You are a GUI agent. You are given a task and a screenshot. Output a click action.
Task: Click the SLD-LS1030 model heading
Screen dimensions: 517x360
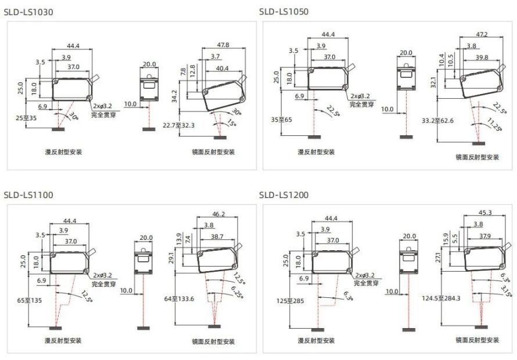point(28,12)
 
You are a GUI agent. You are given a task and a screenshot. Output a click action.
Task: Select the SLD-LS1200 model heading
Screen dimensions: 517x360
point(284,195)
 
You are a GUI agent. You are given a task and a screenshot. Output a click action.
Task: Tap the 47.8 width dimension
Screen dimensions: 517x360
point(223,45)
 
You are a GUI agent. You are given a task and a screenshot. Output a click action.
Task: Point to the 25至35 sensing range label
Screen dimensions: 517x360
point(26,118)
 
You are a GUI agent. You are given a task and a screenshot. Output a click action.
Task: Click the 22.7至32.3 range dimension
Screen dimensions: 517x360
point(178,125)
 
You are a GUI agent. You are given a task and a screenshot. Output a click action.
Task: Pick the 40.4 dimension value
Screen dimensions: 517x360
point(222,69)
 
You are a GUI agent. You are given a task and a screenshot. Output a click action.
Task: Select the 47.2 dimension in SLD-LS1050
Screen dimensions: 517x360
point(482,34)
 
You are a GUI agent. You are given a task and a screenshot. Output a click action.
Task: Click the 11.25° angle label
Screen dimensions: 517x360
point(494,125)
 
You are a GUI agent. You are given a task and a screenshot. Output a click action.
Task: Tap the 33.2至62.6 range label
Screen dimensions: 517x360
point(437,121)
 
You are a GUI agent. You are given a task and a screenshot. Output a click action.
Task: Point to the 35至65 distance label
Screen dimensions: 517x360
point(282,120)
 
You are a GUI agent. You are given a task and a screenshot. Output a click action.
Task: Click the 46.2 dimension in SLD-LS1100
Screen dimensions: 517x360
point(218,214)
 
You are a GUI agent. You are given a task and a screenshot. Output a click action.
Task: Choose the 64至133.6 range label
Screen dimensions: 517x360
point(179,298)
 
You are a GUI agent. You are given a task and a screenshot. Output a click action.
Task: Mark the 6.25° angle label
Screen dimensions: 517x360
point(238,293)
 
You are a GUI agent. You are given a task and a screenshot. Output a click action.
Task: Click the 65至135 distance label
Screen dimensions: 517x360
point(30,300)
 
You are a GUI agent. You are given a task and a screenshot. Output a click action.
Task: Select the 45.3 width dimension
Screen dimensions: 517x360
point(484,213)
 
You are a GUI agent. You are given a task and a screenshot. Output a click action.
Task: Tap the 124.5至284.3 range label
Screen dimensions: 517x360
point(441,298)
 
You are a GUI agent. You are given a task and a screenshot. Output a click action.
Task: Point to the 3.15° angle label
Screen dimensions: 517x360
point(506,291)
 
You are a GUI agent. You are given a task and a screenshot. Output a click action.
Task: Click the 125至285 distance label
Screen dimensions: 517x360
point(290,301)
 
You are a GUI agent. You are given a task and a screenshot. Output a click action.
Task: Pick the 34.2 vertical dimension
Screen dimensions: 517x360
point(174,96)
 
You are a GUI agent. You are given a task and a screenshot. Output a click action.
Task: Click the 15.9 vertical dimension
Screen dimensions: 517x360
point(446,239)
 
